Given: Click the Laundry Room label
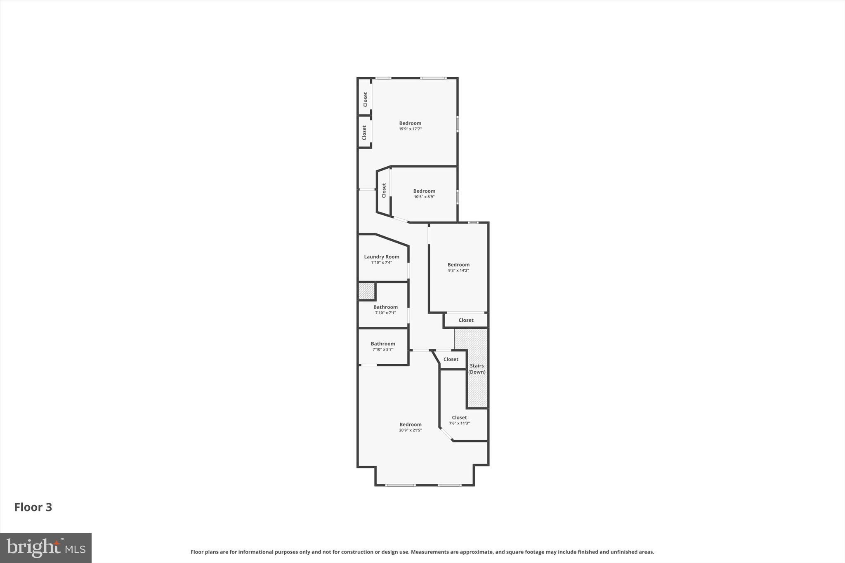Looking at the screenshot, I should tap(381, 257).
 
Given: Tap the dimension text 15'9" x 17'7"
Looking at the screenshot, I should tap(410, 129).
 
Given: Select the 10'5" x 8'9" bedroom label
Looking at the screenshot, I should tap(424, 191).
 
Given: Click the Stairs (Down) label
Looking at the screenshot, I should tap(477, 369).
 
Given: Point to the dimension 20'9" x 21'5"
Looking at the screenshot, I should tap(410, 430).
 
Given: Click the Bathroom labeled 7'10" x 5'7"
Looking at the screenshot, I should tap(382, 344).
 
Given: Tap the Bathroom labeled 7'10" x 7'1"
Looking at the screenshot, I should tap(385, 307).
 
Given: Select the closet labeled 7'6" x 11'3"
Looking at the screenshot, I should tap(459, 418).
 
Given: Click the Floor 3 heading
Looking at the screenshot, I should tap(33, 507).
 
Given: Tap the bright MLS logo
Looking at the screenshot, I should tap(46, 548).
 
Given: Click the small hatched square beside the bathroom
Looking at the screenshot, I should tap(366, 291).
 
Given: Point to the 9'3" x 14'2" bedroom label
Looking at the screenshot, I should tap(458, 265).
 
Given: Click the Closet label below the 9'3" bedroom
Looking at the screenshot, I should tap(466, 320).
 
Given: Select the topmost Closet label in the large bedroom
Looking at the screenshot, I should tap(365, 99).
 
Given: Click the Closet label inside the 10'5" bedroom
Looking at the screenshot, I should tap(384, 190).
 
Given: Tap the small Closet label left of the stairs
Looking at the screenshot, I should tap(451, 359).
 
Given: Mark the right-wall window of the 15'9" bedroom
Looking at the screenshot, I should tap(458, 124).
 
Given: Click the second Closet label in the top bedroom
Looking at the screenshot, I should tap(364, 133).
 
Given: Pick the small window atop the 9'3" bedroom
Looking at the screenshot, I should tap(473, 223).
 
